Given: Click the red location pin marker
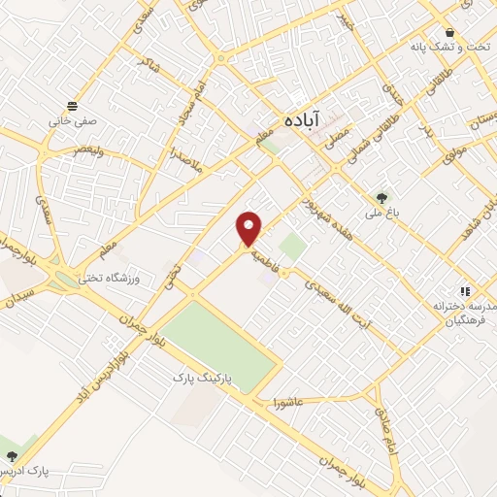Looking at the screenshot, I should click(x=250, y=228).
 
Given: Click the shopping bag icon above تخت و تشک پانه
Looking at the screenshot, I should click(x=449, y=32).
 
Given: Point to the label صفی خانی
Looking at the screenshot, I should click(x=73, y=123).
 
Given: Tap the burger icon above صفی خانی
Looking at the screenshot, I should click(x=73, y=106).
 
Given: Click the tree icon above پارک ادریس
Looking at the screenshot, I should click(x=12, y=454).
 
